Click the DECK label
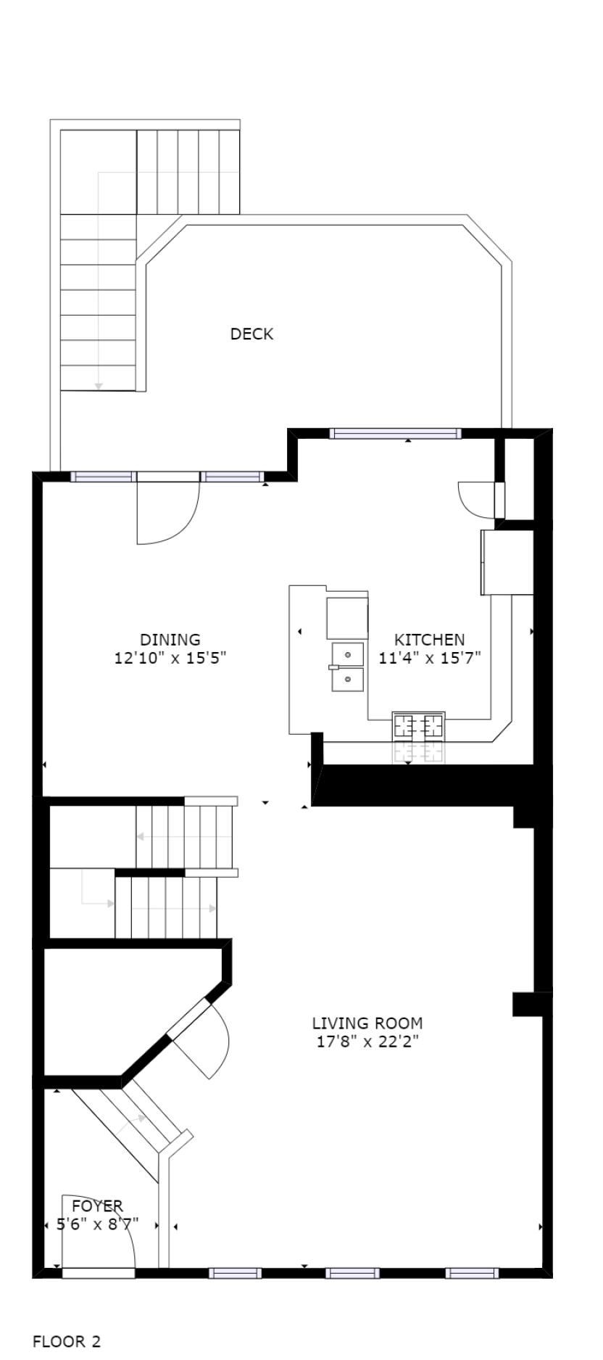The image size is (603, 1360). point(251,334)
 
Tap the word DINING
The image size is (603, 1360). point(170,640)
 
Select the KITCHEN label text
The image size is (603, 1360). point(429,640)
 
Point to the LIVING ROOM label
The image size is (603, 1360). point(367,1023)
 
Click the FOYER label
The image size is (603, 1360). point(97,1206)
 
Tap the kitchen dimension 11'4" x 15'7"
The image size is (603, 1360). point(430,659)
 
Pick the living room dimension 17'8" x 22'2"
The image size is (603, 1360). point(367,1042)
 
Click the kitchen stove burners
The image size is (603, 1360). point(418,725)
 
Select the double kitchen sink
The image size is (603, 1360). point(348,667)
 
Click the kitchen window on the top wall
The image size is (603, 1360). point(395,434)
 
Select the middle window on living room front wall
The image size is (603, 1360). point(352,1272)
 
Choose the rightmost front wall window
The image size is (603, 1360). point(472,1272)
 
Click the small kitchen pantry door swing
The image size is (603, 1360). point(475,499)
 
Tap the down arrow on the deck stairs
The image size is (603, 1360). point(99,386)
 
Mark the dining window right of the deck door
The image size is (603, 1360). point(231,477)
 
